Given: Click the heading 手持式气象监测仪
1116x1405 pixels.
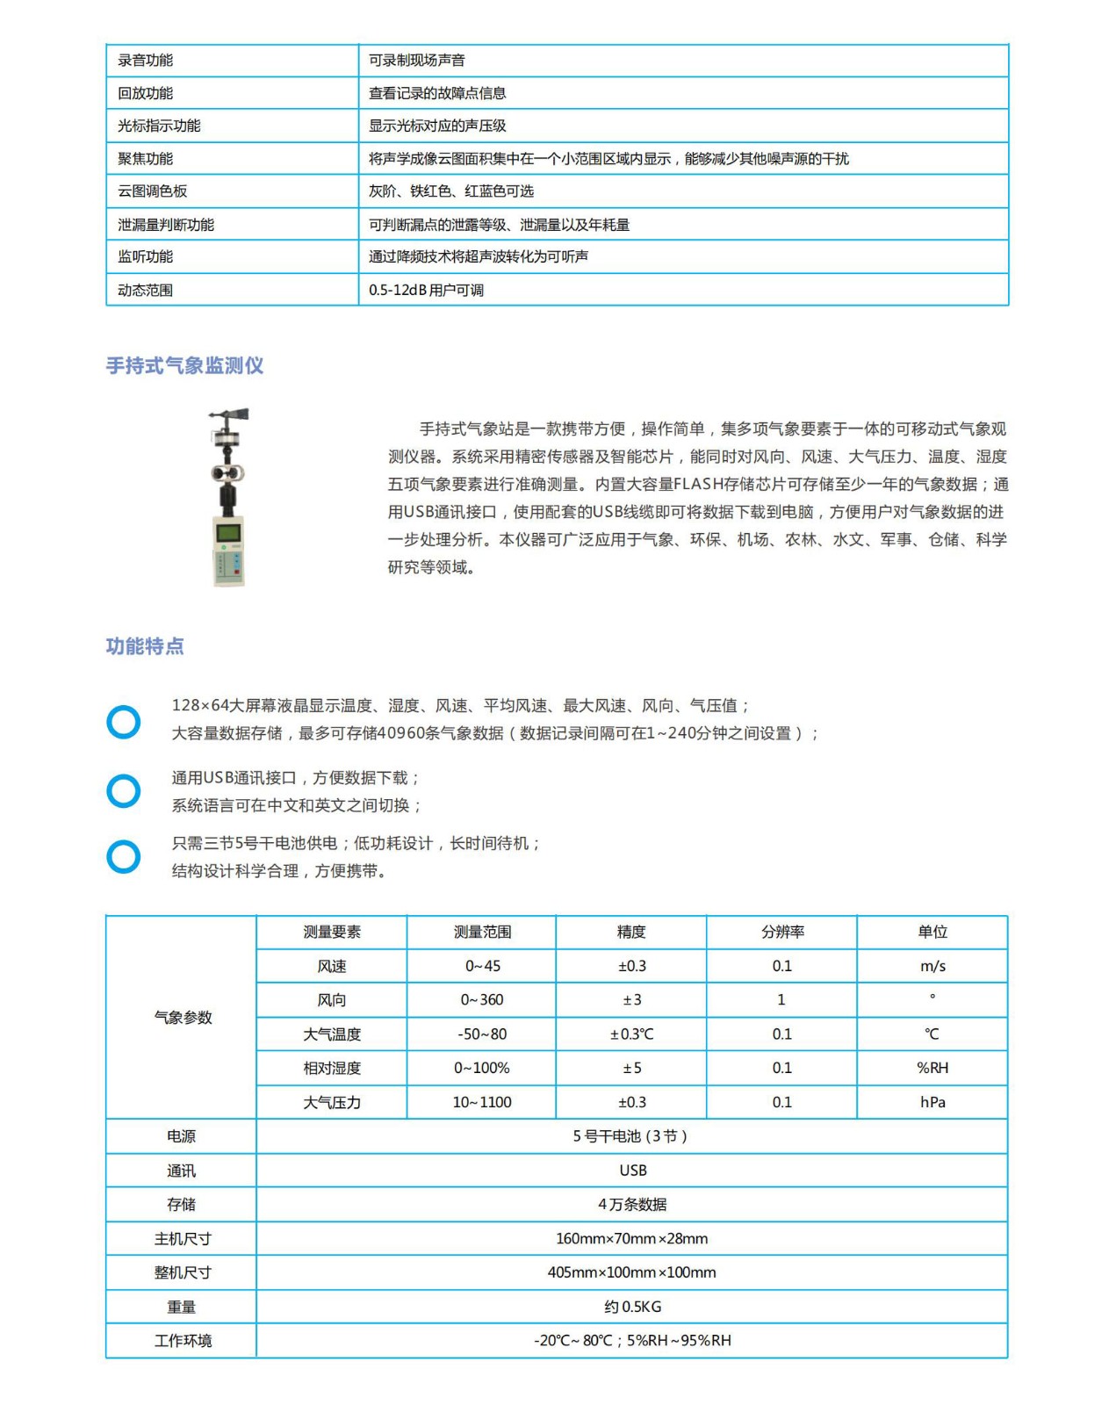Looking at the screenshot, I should click(184, 365).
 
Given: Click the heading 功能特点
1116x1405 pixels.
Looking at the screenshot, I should click(145, 646).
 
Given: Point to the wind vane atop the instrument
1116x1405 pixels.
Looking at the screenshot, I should click(229, 415).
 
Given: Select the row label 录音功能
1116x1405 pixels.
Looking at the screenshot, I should click(146, 61).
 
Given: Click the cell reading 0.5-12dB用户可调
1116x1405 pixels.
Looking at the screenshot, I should click(426, 290).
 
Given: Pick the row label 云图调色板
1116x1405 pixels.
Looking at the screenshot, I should click(153, 191).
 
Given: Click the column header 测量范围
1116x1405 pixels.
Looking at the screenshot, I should click(482, 932).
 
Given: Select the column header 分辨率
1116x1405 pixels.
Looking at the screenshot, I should click(781, 932).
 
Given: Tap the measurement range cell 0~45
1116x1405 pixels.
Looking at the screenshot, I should click(482, 966).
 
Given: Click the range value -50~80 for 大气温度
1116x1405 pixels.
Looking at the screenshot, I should click(482, 1034).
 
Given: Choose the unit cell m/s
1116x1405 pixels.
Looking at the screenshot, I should click(932, 966).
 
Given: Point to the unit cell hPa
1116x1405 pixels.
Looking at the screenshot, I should click(932, 1102).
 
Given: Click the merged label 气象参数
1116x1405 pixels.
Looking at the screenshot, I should click(183, 1017).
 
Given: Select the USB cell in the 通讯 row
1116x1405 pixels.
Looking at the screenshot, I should click(632, 1171).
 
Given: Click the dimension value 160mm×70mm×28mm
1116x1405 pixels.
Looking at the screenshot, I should click(632, 1238).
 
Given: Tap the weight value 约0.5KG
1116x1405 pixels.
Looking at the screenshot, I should click(632, 1307).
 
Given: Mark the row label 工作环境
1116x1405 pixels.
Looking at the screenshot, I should click(183, 1341).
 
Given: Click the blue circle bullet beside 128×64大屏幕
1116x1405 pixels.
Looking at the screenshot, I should click(124, 722).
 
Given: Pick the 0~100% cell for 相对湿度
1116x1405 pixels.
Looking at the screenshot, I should click(482, 1068).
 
